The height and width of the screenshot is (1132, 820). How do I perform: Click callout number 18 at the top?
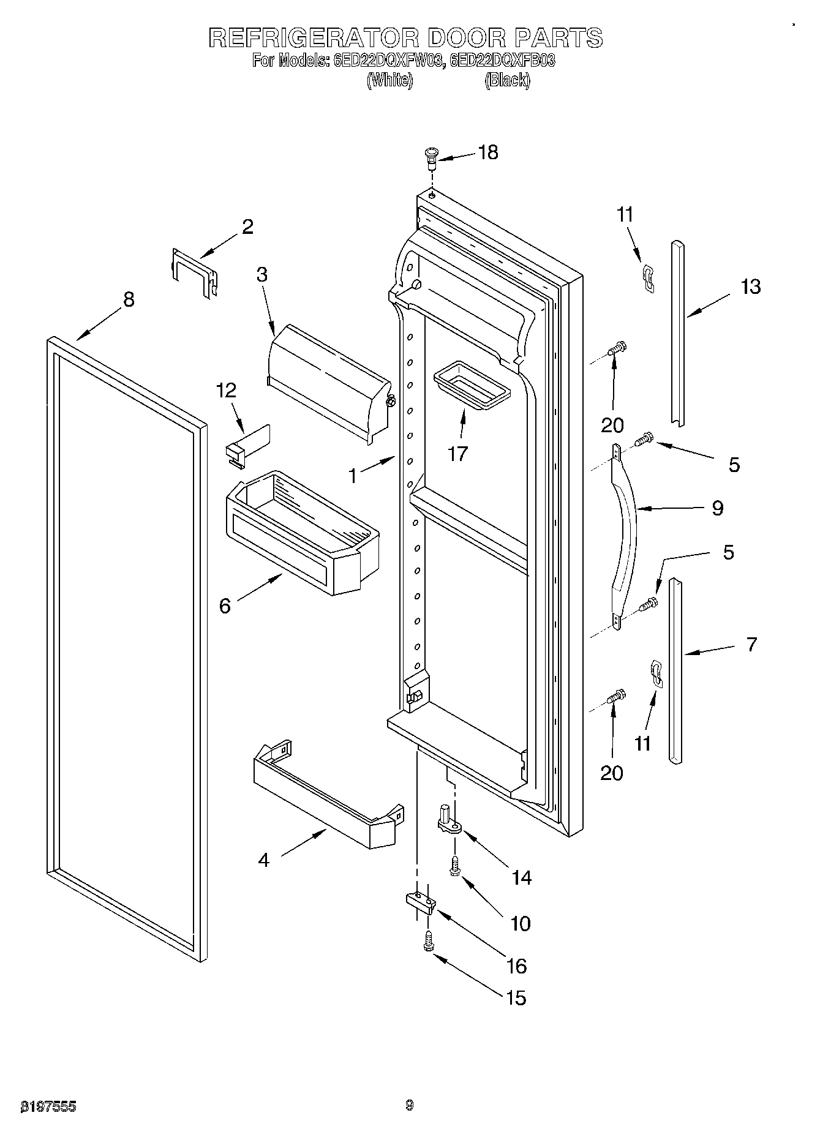(x=488, y=152)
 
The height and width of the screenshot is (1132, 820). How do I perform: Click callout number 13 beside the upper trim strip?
(x=750, y=287)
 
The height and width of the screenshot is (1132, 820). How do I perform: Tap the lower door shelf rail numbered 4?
(x=328, y=800)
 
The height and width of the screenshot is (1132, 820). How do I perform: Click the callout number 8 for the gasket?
(x=128, y=299)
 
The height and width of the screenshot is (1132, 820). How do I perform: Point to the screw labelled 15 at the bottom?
(x=428, y=940)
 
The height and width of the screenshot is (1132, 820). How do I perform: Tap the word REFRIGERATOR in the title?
(x=314, y=38)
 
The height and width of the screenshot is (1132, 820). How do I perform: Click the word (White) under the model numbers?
(x=389, y=80)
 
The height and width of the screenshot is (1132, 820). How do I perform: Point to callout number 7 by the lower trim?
(x=751, y=644)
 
